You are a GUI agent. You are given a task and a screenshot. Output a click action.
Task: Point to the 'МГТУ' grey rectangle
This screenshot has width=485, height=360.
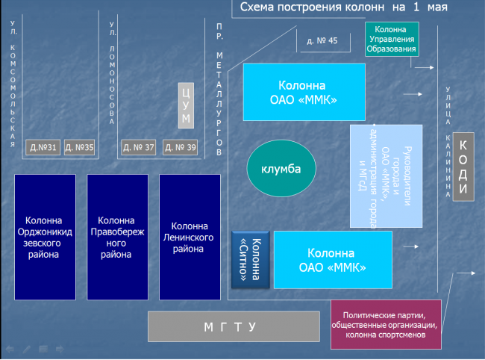pyautogui.click(x=230, y=327)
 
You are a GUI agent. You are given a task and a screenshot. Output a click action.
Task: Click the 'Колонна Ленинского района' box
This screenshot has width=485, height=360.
pyautogui.click(x=190, y=237)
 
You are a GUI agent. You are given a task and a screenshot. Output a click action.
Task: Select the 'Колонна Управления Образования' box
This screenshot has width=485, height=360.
pyautogui.click(x=391, y=38)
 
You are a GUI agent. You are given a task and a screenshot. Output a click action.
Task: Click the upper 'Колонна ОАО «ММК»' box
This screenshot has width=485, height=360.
pyautogui.click(x=304, y=92)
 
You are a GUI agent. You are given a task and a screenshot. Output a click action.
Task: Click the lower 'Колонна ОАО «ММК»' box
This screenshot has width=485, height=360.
pyautogui.click(x=333, y=259)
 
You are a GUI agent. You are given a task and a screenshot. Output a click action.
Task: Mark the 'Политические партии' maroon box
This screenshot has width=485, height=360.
pyautogui.click(x=386, y=325)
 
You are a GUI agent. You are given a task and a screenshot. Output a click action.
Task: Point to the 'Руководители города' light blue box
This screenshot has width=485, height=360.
pyautogui.click(x=386, y=176)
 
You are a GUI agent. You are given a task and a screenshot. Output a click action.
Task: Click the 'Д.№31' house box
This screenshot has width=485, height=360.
pyautogui.click(x=43, y=147)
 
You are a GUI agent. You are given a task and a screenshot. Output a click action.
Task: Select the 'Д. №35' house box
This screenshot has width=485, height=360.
pyautogui.click(x=80, y=147)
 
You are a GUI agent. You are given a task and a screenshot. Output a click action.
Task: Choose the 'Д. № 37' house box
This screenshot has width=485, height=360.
pyautogui.click(x=139, y=147)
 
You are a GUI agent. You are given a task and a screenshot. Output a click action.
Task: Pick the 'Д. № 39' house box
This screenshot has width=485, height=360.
pyautogui.click(x=181, y=147)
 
